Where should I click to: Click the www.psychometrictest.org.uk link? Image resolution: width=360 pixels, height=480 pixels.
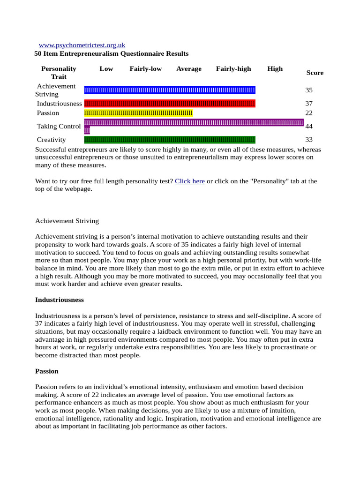tap(82, 45)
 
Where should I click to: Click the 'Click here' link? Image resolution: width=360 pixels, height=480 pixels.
tap(189, 181)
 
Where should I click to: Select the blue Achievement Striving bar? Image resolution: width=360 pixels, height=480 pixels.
tap(170, 90)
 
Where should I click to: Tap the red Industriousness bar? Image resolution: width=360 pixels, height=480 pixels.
tap(170, 104)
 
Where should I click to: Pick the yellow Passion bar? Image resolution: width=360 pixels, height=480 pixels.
tap(138, 113)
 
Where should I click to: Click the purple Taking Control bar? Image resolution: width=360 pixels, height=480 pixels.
tap(194, 123)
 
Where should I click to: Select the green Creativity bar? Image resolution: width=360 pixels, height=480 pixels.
tap(170, 140)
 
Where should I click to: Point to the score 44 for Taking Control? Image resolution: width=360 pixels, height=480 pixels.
tap(309, 126)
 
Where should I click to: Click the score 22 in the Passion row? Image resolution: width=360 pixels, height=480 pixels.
tap(309, 113)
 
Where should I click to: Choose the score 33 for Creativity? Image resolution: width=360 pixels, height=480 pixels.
tap(309, 140)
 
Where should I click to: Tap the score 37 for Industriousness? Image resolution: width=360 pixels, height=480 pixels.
tap(309, 104)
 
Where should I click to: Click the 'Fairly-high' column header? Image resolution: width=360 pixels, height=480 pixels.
tap(233, 69)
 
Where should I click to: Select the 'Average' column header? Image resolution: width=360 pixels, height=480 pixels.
tap(189, 69)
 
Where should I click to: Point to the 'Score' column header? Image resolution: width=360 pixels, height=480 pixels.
tap(315, 73)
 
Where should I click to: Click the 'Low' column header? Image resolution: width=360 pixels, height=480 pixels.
tap(106, 69)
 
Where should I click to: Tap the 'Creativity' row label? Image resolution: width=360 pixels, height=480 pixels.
tap(52, 140)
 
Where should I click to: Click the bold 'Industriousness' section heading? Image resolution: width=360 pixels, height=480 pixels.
tap(60, 299)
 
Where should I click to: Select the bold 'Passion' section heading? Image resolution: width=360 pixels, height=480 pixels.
tap(47, 371)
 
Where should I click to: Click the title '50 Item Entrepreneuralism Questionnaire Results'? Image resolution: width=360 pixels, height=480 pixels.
tap(112, 54)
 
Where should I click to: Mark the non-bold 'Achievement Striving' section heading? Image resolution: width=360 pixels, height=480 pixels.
tap(67, 221)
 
